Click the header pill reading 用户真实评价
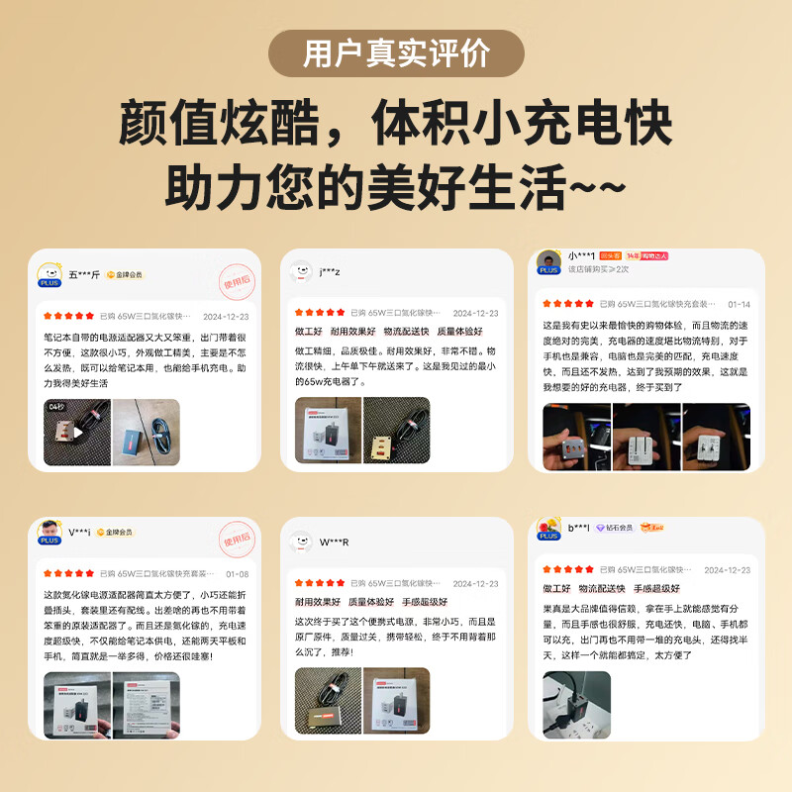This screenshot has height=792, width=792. [x=396, y=53]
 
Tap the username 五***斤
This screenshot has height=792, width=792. [x=84, y=274]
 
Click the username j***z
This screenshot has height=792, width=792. [x=330, y=271]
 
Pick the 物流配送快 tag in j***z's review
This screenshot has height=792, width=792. [x=406, y=332]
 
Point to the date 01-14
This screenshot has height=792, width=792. [x=739, y=304]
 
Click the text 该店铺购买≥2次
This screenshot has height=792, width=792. [x=598, y=269]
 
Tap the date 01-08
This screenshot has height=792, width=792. [x=238, y=573]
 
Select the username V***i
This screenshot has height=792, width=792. [x=80, y=532]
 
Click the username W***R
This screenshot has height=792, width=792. [x=334, y=542]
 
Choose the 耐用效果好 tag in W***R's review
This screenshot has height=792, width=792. [x=318, y=601]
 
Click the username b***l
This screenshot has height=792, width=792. [x=579, y=527]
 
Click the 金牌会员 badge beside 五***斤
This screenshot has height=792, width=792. [x=125, y=274]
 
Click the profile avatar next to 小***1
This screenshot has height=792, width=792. [x=548, y=262]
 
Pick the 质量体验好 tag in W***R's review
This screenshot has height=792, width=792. [x=371, y=601]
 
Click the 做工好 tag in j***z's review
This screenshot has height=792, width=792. [x=309, y=332]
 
